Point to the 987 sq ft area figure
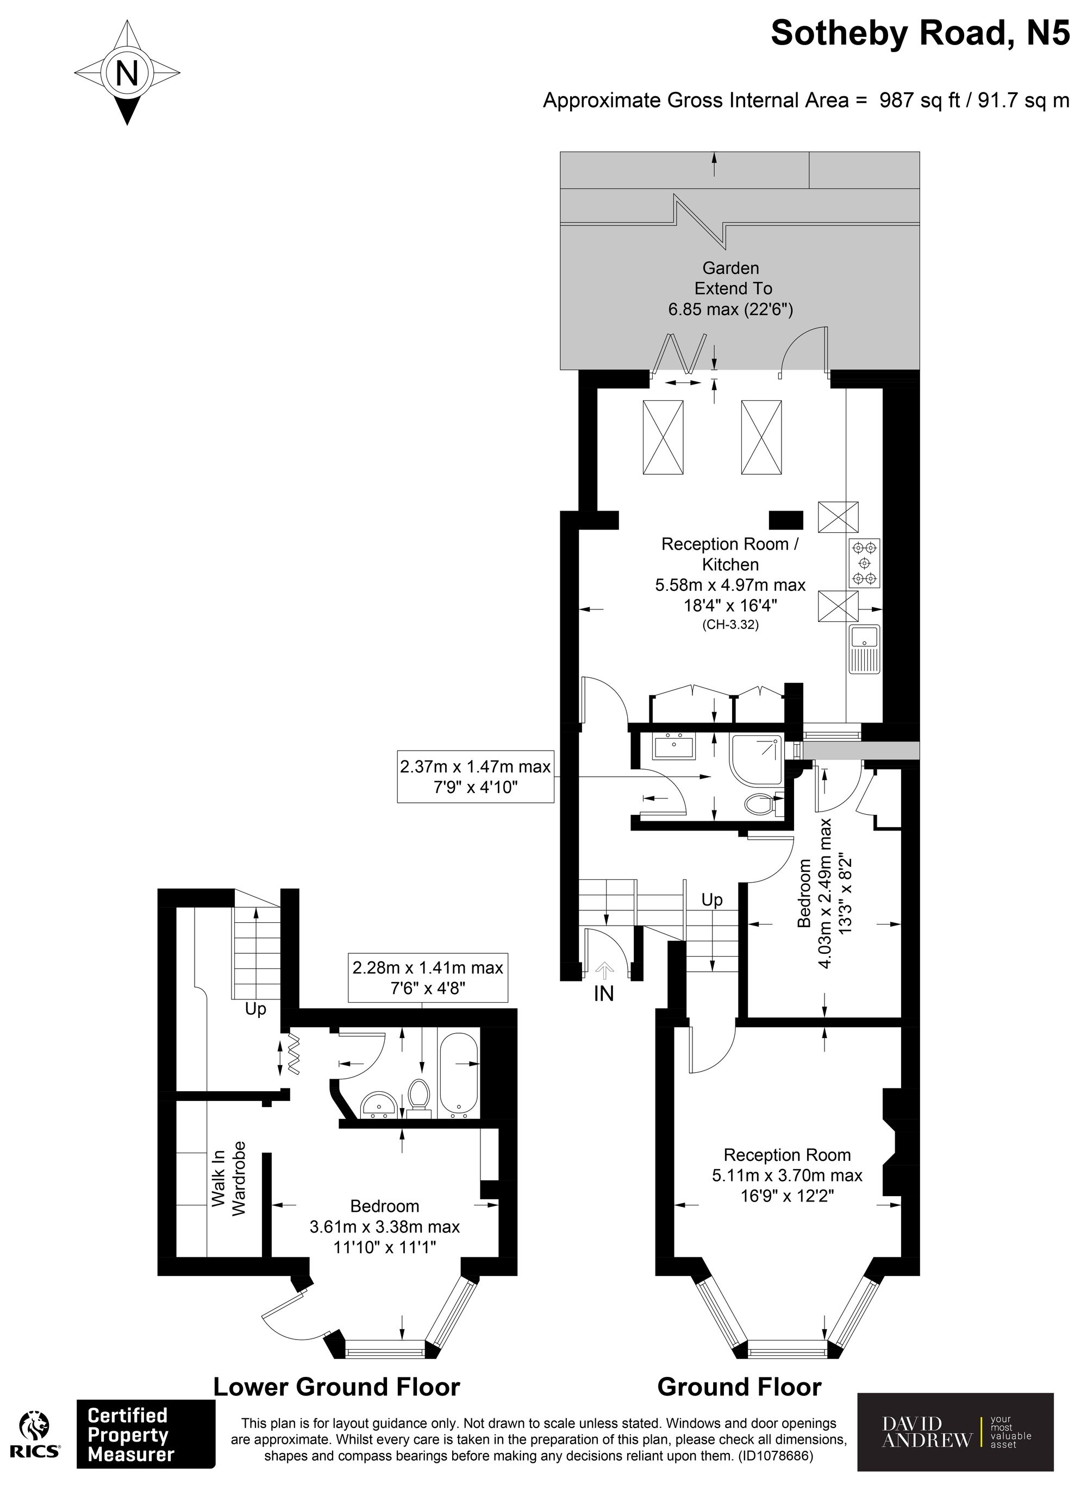pos(919,100)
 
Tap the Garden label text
pos(730,268)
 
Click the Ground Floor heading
pos(740,1387)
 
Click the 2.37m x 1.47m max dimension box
pos(476,776)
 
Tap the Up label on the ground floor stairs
pos(712,900)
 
